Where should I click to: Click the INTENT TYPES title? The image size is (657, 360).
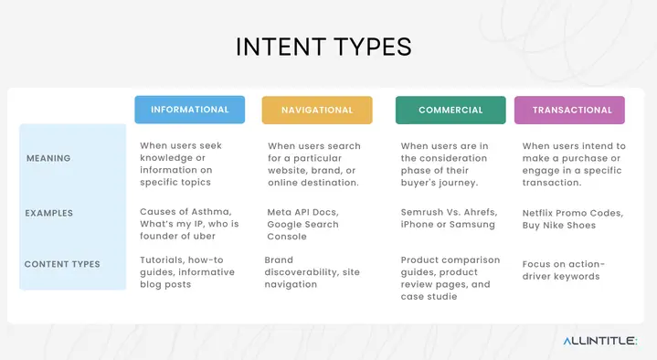pyautogui.click(x=323, y=48)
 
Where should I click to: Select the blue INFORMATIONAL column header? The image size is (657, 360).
pyautogui.click(x=189, y=110)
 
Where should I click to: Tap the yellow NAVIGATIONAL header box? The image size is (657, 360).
pyautogui.click(x=317, y=110)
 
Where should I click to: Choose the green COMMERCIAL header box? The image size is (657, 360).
pyautogui.click(x=450, y=110)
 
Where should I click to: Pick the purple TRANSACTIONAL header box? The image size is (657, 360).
pyautogui.click(x=569, y=110)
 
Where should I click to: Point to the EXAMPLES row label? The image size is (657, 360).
pyautogui.click(x=49, y=213)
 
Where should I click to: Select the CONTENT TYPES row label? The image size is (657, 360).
pyautogui.click(x=62, y=264)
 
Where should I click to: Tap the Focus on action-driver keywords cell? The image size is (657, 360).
pyautogui.click(x=563, y=270)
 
